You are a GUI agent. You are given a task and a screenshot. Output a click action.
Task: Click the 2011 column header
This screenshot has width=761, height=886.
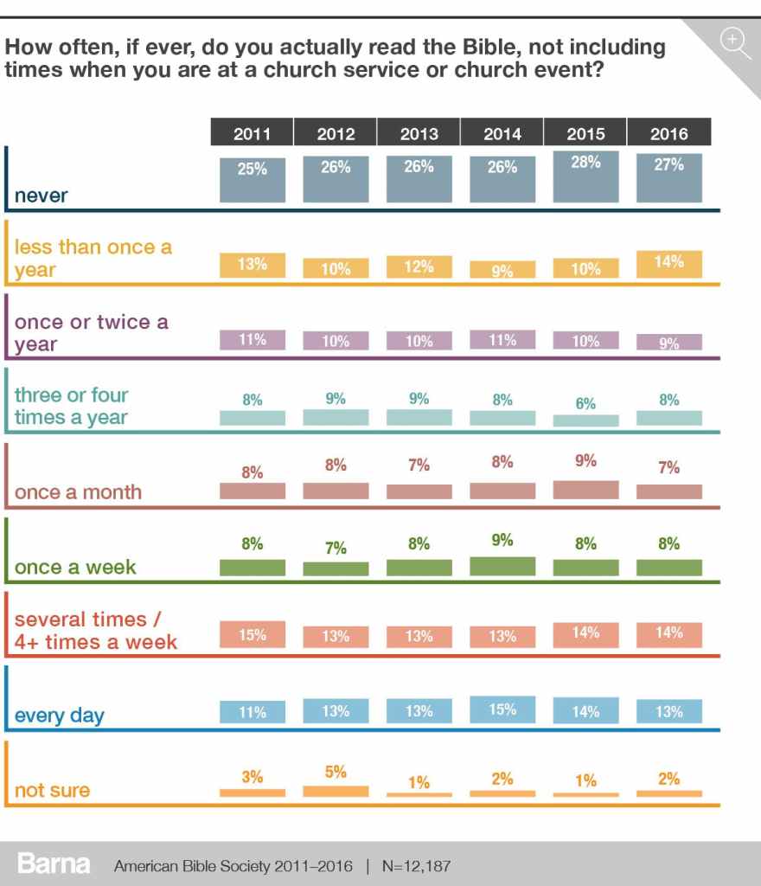click(x=252, y=133)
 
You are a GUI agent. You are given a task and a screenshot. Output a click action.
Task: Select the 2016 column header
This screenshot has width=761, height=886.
click(x=669, y=133)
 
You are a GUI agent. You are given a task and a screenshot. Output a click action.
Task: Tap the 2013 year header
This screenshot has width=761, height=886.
click(x=419, y=133)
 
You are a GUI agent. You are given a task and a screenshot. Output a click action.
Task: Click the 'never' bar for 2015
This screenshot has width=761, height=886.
click(x=585, y=177)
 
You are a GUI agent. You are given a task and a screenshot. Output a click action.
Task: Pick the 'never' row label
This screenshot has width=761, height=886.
click(x=41, y=196)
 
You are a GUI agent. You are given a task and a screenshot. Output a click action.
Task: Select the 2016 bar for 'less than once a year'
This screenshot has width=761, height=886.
click(x=669, y=264)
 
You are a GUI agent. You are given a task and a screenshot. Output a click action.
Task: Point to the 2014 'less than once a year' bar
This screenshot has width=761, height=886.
click(x=502, y=270)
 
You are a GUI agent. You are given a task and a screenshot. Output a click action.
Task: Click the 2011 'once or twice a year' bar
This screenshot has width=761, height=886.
click(x=252, y=340)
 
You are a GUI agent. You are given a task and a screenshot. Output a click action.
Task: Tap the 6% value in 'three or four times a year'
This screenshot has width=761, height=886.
click(x=585, y=403)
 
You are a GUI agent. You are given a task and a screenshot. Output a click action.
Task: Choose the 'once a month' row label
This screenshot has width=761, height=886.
click(x=78, y=493)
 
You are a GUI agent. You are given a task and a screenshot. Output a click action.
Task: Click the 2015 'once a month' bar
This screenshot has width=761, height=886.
click(x=585, y=490)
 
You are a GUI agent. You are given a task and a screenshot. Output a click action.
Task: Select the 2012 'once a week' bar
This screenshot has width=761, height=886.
click(x=336, y=568)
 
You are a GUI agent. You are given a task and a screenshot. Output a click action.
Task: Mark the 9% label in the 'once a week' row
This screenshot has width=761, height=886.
click(x=502, y=540)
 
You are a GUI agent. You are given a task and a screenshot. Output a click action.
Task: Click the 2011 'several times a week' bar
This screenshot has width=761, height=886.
click(x=252, y=634)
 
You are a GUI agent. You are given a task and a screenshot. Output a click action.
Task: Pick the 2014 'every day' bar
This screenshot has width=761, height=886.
click(x=502, y=709)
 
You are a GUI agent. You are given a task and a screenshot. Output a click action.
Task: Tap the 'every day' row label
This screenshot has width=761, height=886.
click(x=59, y=716)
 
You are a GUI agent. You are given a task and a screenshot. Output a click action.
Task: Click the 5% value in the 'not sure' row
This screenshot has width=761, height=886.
click(x=336, y=771)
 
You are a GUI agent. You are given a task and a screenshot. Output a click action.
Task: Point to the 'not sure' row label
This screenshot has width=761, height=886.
click(x=52, y=791)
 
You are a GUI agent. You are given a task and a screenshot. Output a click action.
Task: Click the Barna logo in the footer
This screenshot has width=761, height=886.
click(x=54, y=864)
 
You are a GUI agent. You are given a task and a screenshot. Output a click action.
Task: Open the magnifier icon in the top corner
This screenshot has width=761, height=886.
click(x=734, y=41)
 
